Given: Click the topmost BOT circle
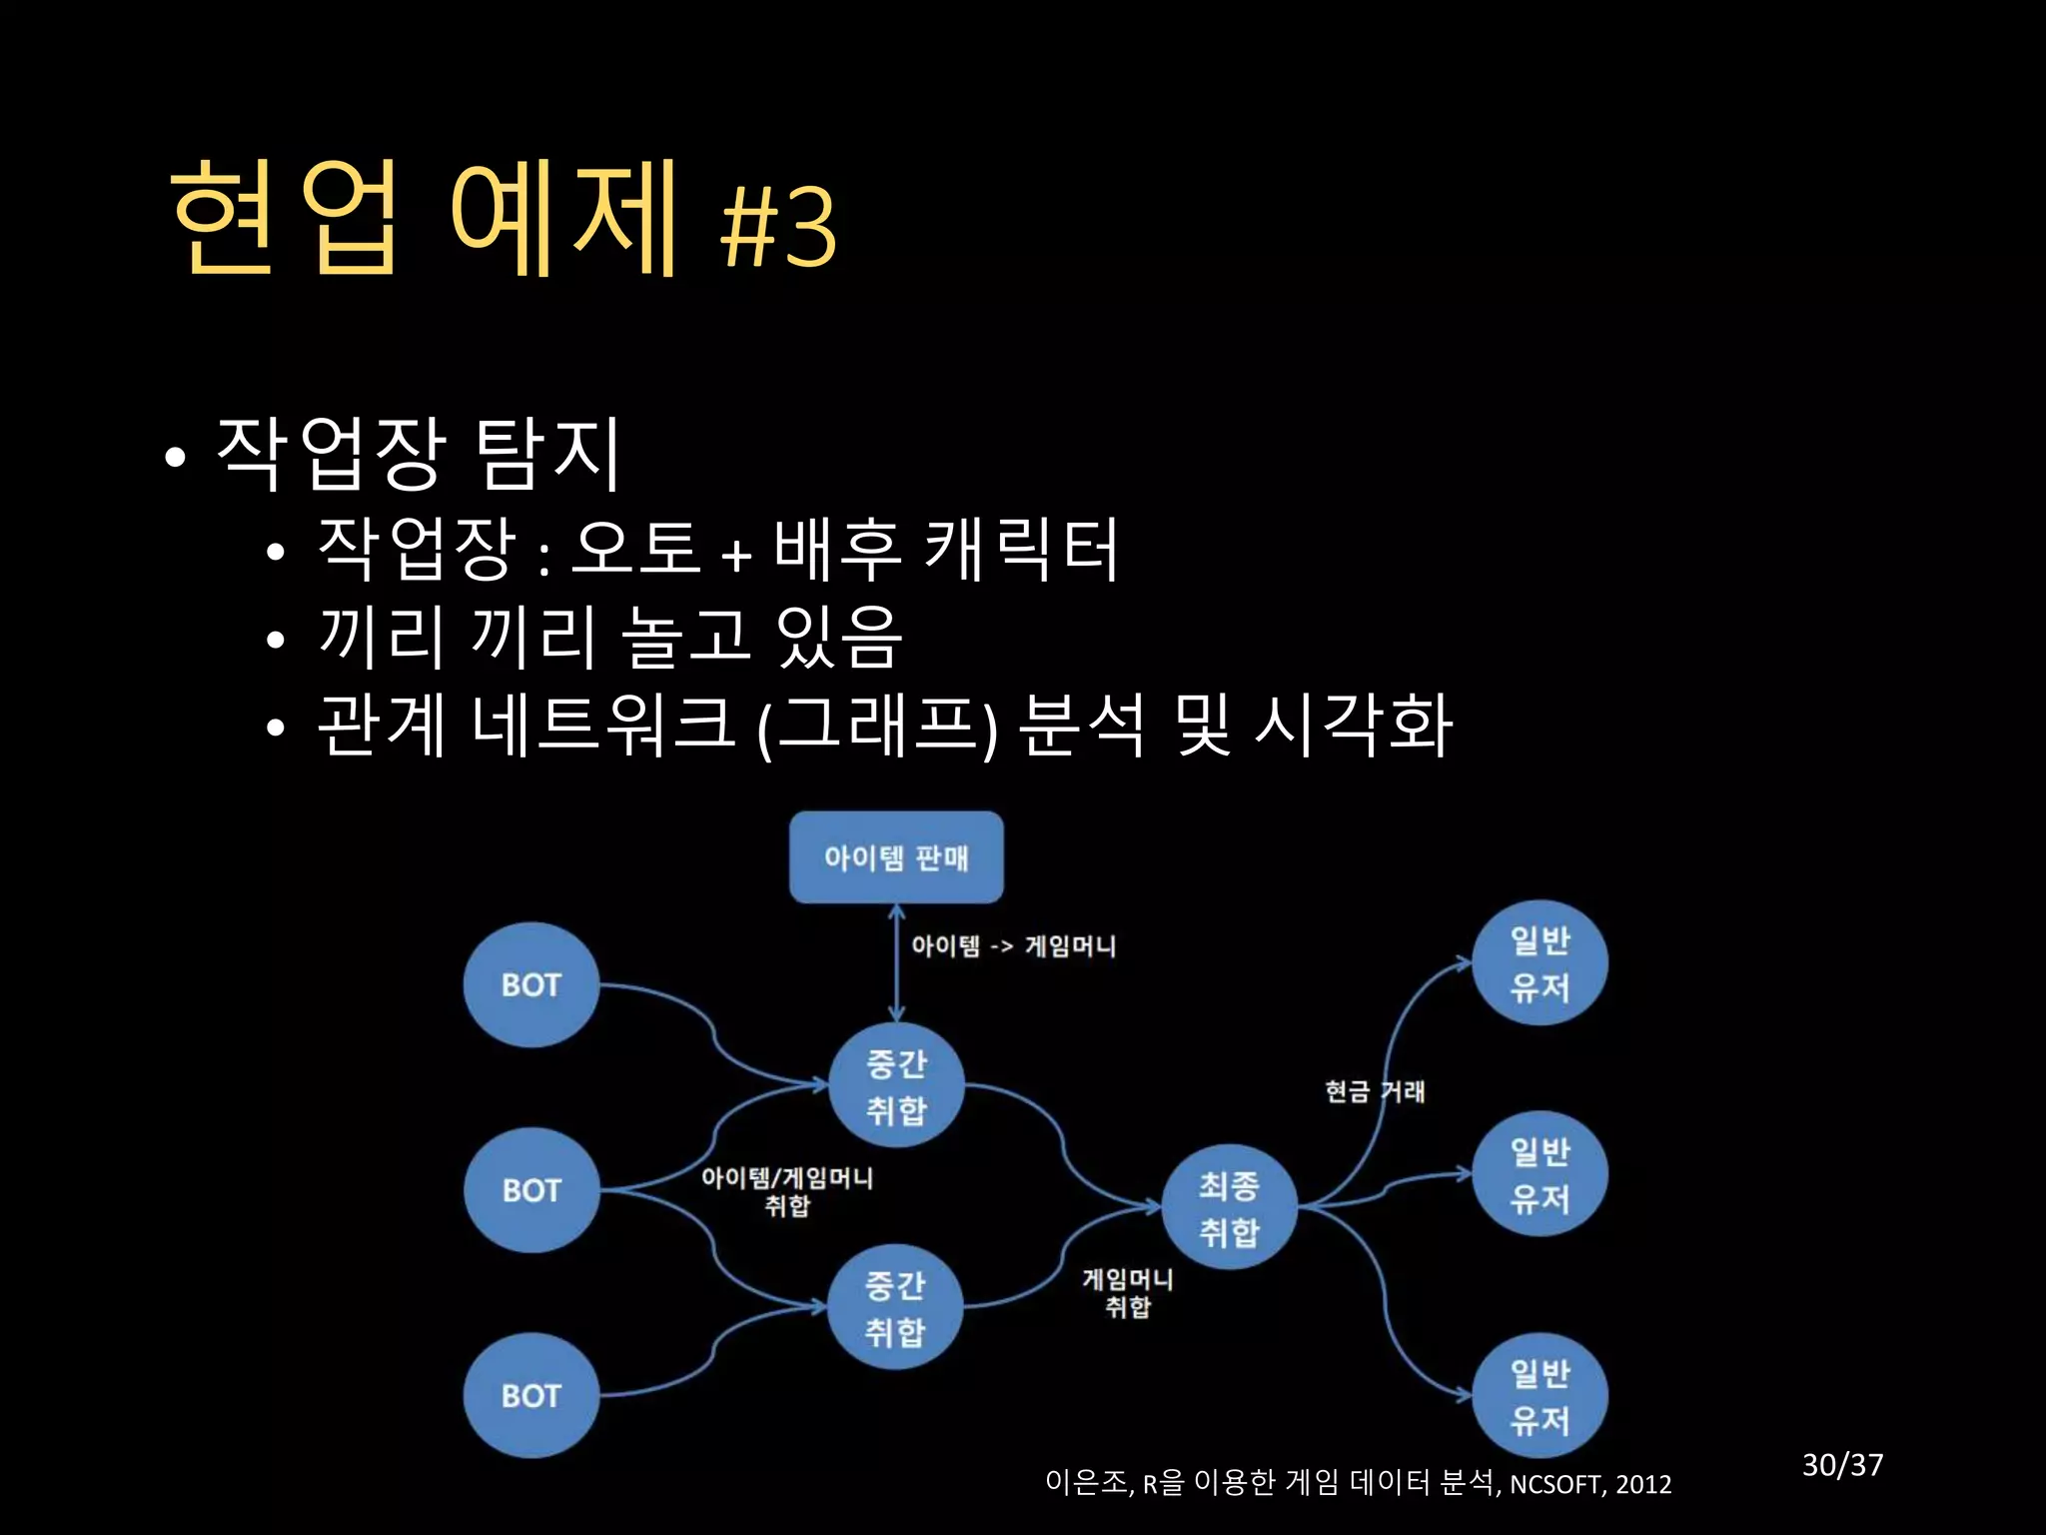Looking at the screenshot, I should tap(530, 985).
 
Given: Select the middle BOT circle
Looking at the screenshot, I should tap(530, 1190).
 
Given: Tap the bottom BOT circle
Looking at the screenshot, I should tap(530, 1396).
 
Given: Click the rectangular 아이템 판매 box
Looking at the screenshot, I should tap(896, 857).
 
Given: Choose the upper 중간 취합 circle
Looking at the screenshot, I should tap(896, 1086).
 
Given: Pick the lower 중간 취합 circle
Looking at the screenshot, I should tap(895, 1307).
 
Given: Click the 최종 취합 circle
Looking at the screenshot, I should tap(1229, 1208).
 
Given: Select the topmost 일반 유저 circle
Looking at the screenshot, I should tap(1539, 963).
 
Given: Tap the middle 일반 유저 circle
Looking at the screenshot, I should tap(1539, 1174).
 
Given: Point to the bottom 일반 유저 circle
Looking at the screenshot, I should tap(1539, 1396).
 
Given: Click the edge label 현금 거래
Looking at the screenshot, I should tap(1375, 1091).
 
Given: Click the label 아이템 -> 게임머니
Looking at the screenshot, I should tap(1013, 946).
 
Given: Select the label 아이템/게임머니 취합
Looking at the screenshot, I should tap(787, 1191).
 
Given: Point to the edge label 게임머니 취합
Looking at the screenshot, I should tap(1128, 1292).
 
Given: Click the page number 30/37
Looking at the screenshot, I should tap(1842, 1465).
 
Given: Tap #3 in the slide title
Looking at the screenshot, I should tap(778, 226).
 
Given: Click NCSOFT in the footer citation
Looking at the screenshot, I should tap(1555, 1484).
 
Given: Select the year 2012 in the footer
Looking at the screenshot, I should tap(1643, 1484).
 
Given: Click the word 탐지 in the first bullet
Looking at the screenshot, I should tap(548, 454).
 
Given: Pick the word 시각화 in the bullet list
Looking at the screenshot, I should tap(1353, 724).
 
